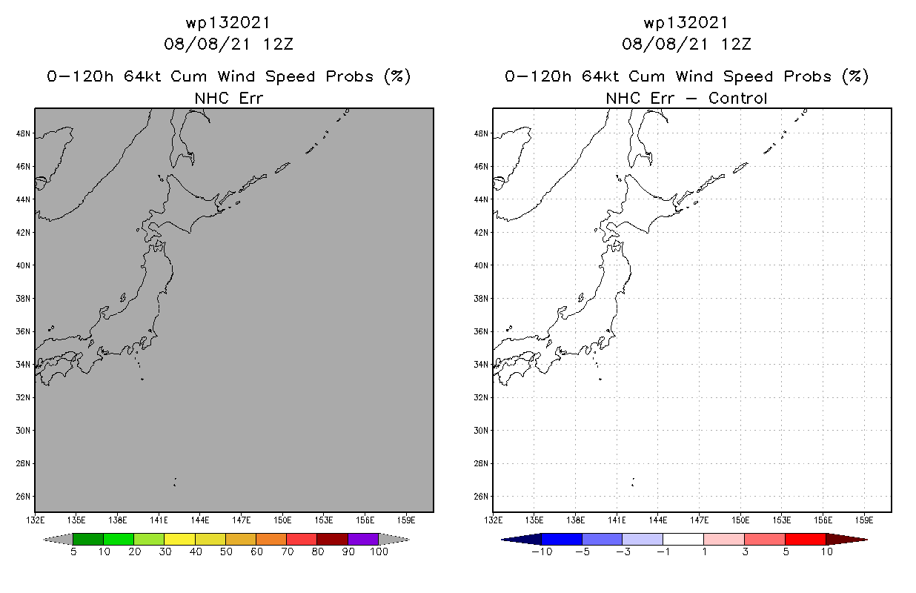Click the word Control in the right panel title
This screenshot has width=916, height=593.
(x=737, y=98)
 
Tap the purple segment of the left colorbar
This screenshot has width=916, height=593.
(x=363, y=539)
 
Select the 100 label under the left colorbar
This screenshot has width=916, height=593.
(x=379, y=551)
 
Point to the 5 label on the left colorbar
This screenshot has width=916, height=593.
(x=73, y=551)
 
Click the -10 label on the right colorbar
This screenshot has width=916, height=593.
(x=541, y=551)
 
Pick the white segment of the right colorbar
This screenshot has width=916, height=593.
(x=683, y=539)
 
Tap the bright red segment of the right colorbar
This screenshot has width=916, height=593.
(x=804, y=539)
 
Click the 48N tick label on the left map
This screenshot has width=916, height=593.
(x=24, y=133)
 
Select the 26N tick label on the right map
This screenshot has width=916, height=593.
(x=482, y=497)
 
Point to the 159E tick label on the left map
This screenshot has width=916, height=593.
(x=405, y=519)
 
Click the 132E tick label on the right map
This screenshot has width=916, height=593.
(x=493, y=519)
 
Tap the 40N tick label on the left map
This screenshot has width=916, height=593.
(x=24, y=265)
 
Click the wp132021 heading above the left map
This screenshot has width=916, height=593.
(x=228, y=22)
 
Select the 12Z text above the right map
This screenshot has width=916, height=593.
(x=736, y=44)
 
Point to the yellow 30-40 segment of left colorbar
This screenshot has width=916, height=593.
(x=179, y=539)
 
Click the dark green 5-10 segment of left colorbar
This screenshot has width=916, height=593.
(x=88, y=539)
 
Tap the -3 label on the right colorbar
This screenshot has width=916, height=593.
(x=622, y=551)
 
